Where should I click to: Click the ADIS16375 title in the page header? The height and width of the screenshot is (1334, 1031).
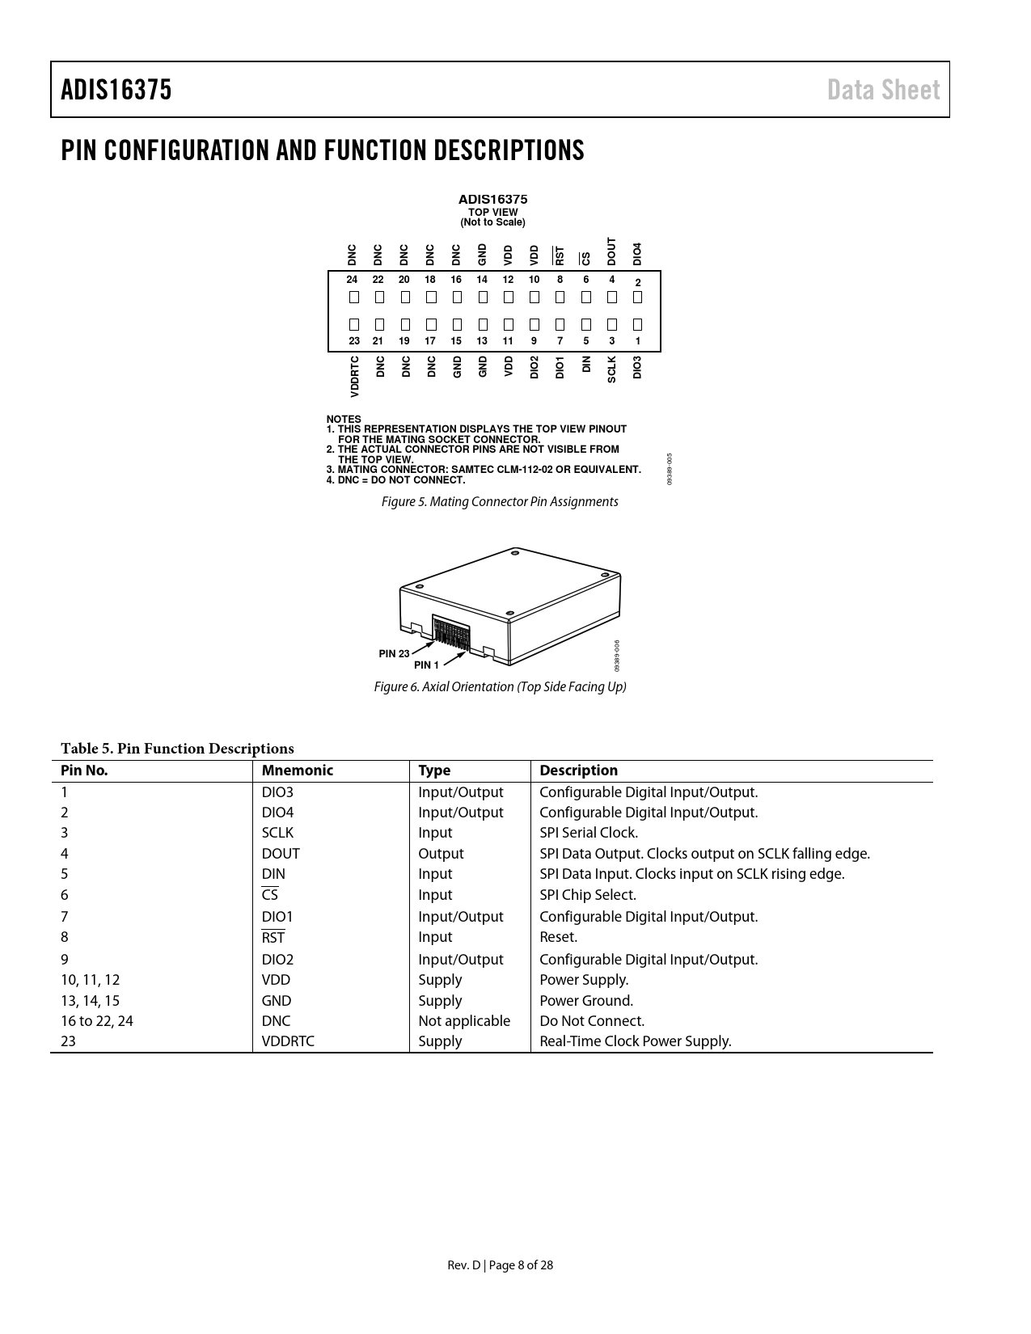[116, 90]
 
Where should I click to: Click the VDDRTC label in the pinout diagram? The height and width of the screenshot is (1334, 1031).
[354, 376]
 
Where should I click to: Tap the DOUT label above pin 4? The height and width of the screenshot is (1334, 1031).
[611, 251]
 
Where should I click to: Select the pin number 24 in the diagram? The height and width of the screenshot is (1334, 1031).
[352, 280]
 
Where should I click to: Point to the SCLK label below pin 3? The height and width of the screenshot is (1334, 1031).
[611, 369]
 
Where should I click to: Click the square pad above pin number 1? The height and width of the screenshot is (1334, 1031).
[637, 324]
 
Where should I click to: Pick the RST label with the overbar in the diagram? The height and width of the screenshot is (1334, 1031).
[560, 255]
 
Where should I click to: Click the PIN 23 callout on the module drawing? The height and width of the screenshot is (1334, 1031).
[394, 653]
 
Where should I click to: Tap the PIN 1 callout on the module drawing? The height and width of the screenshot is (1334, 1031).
[426, 665]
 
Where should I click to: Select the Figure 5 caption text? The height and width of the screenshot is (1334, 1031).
[500, 502]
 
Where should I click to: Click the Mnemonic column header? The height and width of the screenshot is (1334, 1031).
[297, 770]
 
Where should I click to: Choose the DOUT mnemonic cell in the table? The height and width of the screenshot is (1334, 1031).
[281, 854]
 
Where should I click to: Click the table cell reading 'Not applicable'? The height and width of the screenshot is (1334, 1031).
[464, 1021]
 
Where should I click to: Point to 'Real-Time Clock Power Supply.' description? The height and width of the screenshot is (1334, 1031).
[635, 1041]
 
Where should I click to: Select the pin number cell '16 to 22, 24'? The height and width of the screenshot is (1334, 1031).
[97, 1021]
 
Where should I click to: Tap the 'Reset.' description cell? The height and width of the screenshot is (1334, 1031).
[558, 937]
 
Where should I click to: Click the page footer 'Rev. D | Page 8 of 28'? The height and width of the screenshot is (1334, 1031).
[501, 1265]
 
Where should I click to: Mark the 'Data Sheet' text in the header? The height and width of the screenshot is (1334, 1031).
[883, 90]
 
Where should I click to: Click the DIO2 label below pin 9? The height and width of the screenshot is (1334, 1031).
[534, 367]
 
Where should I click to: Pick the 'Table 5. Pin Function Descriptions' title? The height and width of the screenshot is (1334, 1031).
[177, 749]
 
